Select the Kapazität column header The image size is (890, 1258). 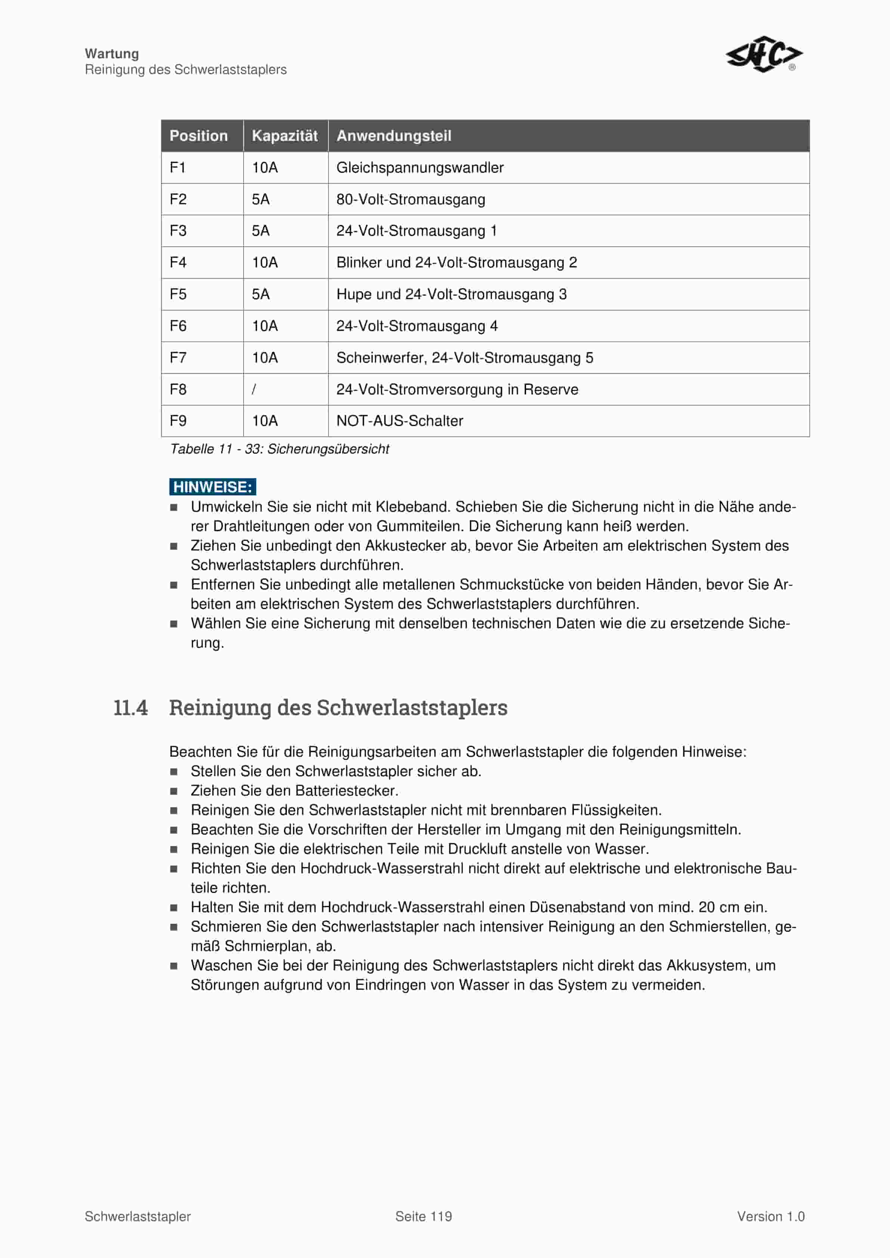point(284,136)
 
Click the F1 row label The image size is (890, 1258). point(177,168)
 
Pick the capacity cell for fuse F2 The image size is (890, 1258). point(261,199)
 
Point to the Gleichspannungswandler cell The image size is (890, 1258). point(420,168)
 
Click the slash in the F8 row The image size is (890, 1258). point(254,390)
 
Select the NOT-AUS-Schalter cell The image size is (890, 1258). point(399,421)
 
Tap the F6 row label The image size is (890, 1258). point(178,326)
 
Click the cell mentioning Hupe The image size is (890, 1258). point(451,294)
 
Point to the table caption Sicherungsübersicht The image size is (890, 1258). point(279,449)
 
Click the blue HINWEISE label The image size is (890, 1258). point(213,487)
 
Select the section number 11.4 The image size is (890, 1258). point(130,707)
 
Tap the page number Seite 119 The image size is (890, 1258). point(424,1217)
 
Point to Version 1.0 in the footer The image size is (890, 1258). point(770,1217)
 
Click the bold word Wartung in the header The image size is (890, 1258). point(112,54)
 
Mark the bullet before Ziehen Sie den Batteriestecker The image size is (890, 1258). point(174,791)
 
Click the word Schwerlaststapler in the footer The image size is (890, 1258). point(137,1217)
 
